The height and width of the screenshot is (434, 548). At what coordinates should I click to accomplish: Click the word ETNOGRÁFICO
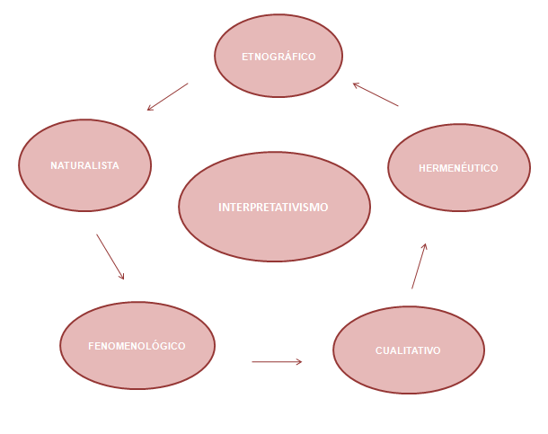[x=278, y=57]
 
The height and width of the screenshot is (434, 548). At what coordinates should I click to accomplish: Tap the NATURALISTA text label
[x=84, y=165]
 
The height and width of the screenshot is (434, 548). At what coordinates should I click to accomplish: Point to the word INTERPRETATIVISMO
[x=273, y=207]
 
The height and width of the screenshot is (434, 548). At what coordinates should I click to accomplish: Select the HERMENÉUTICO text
[x=458, y=168]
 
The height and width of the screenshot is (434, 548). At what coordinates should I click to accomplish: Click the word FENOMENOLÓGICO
[x=137, y=346]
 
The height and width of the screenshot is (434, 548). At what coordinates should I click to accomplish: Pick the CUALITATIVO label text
[x=408, y=350]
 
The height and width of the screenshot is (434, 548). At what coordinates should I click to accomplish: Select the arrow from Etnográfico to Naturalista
[x=168, y=97]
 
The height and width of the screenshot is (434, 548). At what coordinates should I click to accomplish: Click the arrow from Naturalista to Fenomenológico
[x=110, y=257]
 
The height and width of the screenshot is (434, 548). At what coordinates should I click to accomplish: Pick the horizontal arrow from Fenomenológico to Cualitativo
[x=277, y=362]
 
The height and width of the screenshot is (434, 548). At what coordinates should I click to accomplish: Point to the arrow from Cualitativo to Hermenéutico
[x=419, y=266]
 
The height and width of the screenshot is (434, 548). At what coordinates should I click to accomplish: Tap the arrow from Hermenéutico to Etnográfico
[x=376, y=95]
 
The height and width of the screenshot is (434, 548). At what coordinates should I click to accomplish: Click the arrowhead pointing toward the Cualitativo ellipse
[x=298, y=362]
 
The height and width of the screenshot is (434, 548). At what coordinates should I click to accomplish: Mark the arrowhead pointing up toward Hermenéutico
[x=424, y=246]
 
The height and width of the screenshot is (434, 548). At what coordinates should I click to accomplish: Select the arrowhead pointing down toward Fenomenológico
[x=121, y=276]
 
